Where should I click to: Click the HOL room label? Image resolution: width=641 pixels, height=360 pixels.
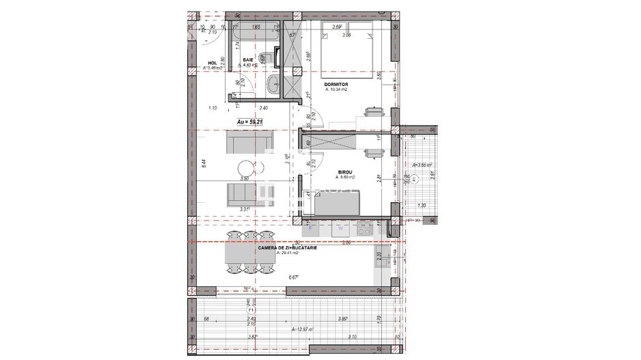[213, 62]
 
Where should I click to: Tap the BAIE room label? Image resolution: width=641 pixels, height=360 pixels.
[248, 61]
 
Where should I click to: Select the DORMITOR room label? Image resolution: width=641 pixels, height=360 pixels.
[338, 85]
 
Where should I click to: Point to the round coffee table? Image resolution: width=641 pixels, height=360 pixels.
[244, 168]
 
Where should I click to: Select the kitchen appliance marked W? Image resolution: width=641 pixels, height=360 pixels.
[340, 229]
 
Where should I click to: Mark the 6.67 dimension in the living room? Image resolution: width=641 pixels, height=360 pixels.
[294, 277]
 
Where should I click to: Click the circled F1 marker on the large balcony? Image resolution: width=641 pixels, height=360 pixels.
[247, 308]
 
